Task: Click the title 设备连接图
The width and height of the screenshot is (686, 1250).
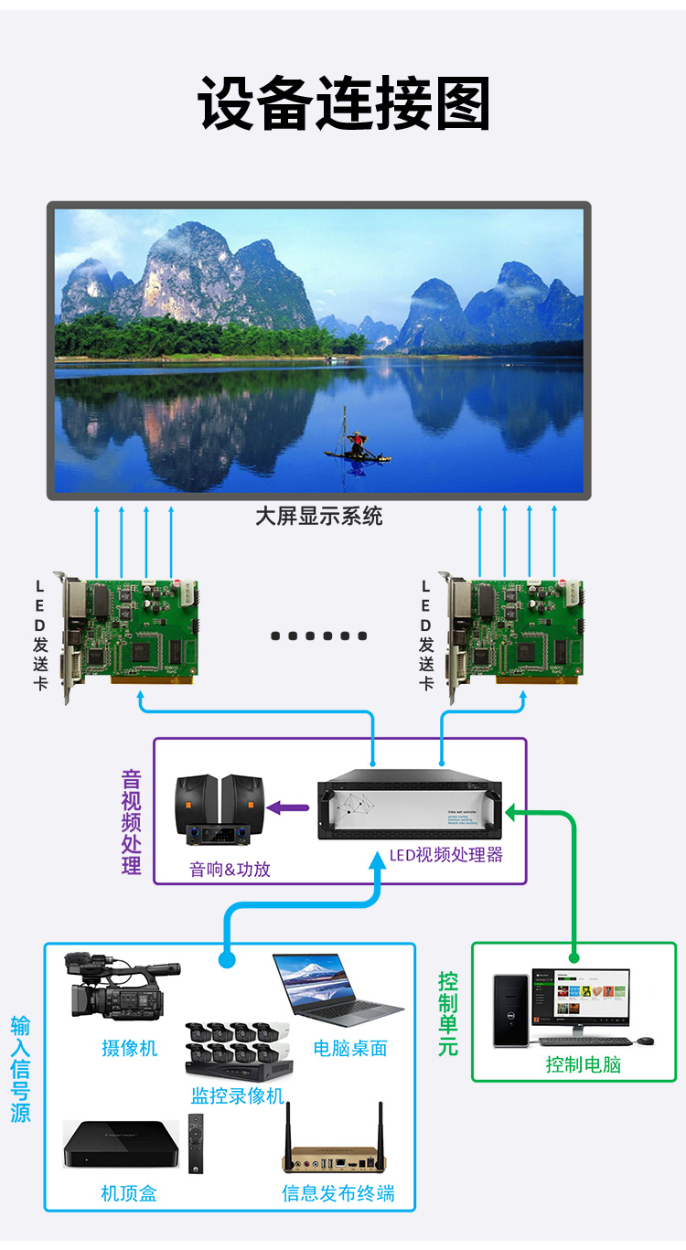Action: tap(343, 103)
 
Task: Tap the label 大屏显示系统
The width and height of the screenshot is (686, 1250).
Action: tap(318, 516)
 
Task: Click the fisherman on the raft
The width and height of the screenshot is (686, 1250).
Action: tap(357, 444)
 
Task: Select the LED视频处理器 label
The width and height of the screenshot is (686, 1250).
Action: tap(447, 856)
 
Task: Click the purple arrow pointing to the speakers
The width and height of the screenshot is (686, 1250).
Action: tap(287, 807)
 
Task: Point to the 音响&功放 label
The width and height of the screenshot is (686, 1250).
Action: tap(230, 869)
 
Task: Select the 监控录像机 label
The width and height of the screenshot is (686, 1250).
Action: tap(237, 1095)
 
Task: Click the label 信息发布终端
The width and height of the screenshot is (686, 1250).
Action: tap(338, 1193)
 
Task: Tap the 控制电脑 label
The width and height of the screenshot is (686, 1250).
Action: tap(583, 1064)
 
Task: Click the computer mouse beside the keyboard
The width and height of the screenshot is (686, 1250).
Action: tap(646, 1042)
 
